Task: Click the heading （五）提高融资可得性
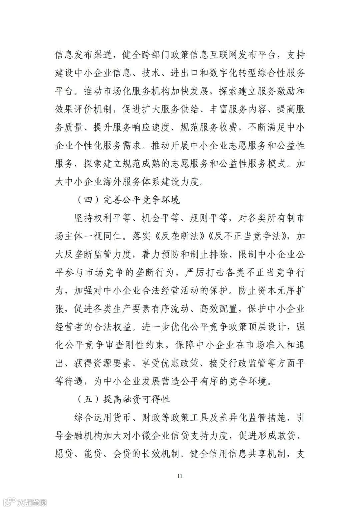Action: (123, 399)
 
